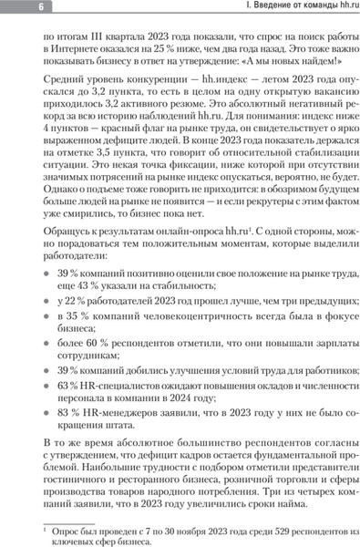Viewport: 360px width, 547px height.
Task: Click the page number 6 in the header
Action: point(16,7)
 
